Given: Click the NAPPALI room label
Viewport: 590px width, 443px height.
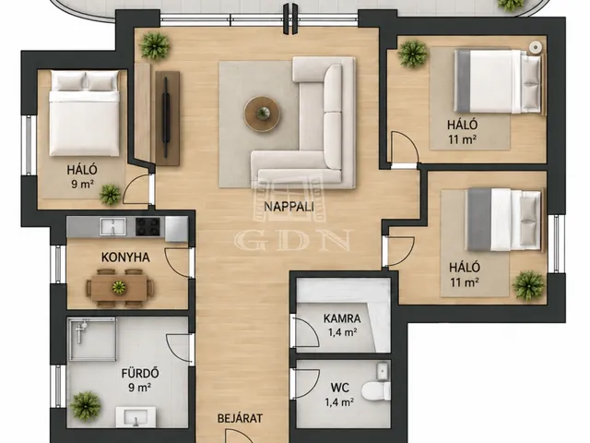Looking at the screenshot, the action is click(x=289, y=207).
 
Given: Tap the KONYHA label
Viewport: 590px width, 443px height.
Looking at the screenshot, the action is click(x=125, y=257).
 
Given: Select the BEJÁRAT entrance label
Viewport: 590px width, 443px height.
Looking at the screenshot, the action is click(x=240, y=418).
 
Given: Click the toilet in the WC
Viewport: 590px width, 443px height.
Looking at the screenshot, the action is click(x=376, y=390).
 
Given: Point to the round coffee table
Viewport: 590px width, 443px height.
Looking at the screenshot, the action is click(x=262, y=114).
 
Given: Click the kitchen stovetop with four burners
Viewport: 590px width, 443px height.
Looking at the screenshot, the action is click(x=147, y=226).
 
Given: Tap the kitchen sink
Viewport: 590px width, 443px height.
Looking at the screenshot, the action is click(x=112, y=226).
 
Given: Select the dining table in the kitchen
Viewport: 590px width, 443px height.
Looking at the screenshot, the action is click(x=119, y=287).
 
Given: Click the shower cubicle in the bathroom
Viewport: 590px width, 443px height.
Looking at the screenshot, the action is click(x=92, y=339).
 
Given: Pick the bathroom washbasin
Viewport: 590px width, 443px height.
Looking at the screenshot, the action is click(x=136, y=416).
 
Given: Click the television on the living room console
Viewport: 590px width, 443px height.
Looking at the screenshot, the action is click(x=166, y=118).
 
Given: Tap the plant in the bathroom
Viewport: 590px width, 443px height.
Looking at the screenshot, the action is click(x=86, y=406).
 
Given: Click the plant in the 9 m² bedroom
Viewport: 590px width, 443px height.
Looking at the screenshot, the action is click(x=110, y=195).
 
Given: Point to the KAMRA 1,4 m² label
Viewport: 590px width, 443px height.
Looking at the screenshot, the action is click(x=342, y=325).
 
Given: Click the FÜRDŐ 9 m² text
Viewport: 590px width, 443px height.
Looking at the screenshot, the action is click(x=140, y=379).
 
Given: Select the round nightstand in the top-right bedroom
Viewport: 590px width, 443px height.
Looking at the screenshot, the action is click(x=536, y=47).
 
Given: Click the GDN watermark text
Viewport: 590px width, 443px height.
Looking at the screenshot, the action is click(x=293, y=240).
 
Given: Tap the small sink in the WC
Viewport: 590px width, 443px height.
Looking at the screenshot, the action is click(x=383, y=370).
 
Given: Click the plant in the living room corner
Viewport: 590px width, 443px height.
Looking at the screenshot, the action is click(x=155, y=45).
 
